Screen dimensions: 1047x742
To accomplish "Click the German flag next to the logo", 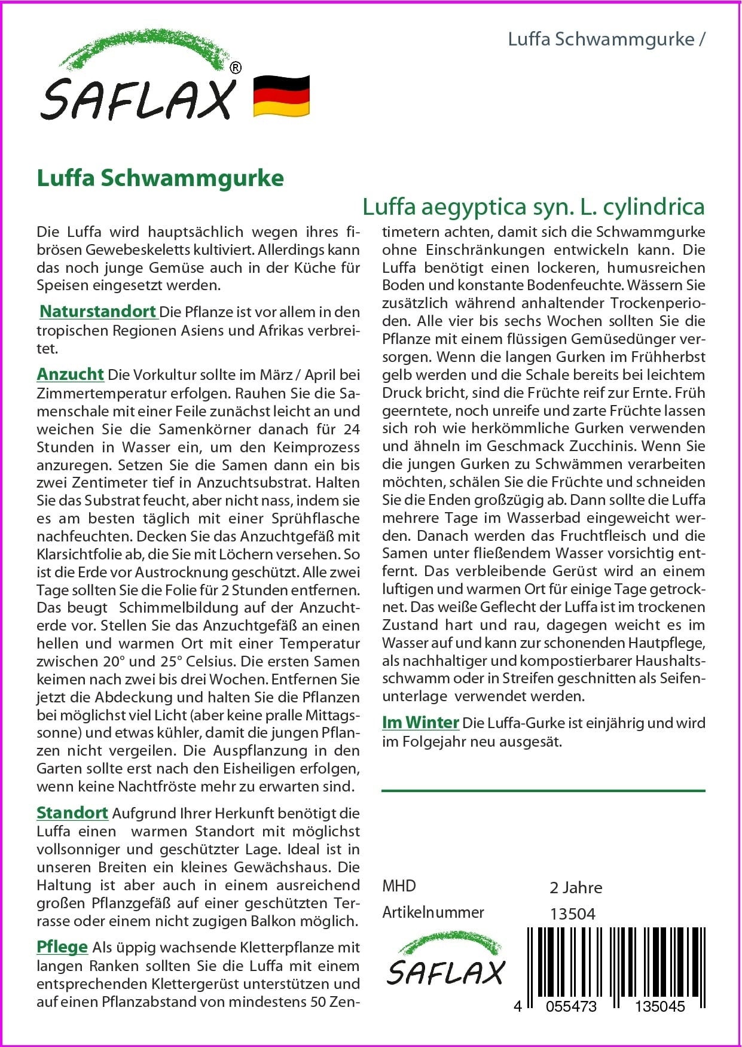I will pos(282,96).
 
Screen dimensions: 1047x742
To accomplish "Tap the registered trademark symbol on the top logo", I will pos(236,68).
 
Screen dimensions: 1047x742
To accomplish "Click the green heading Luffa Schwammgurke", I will pos(160,178).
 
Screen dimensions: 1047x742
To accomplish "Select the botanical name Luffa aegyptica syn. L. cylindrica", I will pos(533,207).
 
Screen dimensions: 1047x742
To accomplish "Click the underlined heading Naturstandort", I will pos(98,312).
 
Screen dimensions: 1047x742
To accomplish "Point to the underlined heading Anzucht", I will pos(71,375).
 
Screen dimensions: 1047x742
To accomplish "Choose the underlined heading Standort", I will pos(72,813).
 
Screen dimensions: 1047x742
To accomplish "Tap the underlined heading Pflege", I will pos(62,947).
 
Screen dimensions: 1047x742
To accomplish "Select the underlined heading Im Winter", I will pos(420,723).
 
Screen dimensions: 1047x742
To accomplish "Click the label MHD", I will pos(399,886).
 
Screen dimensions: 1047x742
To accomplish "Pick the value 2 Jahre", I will pos(576,888).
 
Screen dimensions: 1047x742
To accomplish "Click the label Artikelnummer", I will pos(433,912).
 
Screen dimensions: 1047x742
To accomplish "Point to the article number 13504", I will pos(572,914).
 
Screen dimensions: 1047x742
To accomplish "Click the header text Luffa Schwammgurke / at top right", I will pos(606,39).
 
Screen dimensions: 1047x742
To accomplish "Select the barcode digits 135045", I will pos(660,1006).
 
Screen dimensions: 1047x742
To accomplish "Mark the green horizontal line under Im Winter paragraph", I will pos(543,791).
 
